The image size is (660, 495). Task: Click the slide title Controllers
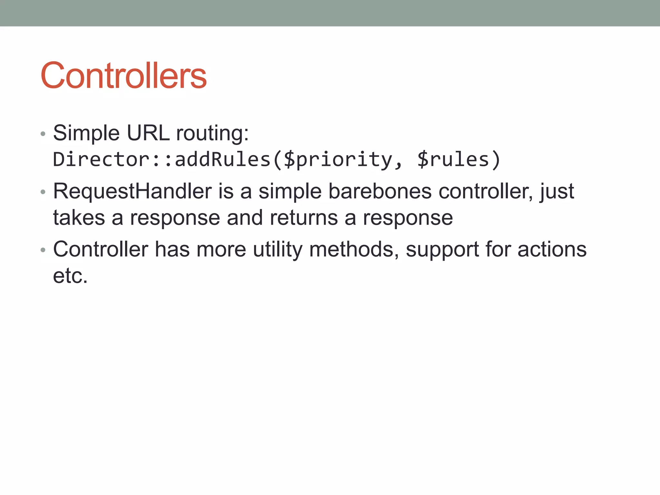pyautogui.click(x=123, y=76)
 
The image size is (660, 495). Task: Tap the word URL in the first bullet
pyautogui.click(x=148, y=133)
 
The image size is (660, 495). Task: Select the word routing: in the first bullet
pyautogui.click(x=212, y=133)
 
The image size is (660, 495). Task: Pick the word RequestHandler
pyautogui.click(x=132, y=191)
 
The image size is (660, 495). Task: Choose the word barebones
pyautogui.click(x=380, y=191)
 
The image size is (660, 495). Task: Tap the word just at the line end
pyautogui.click(x=557, y=191)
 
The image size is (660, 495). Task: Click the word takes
pyautogui.click(x=79, y=218)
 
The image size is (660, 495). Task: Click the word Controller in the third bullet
pyautogui.click(x=101, y=249)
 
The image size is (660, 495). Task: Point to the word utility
pyautogui.click(x=277, y=250)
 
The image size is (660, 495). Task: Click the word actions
pyautogui.click(x=552, y=249)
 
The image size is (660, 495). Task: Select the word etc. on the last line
pyautogui.click(x=70, y=276)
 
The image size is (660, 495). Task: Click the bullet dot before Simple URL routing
pyautogui.click(x=43, y=134)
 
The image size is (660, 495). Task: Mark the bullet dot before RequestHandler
pyautogui.click(x=43, y=192)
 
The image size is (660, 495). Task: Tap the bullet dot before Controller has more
pyautogui.click(x=43, y=250)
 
